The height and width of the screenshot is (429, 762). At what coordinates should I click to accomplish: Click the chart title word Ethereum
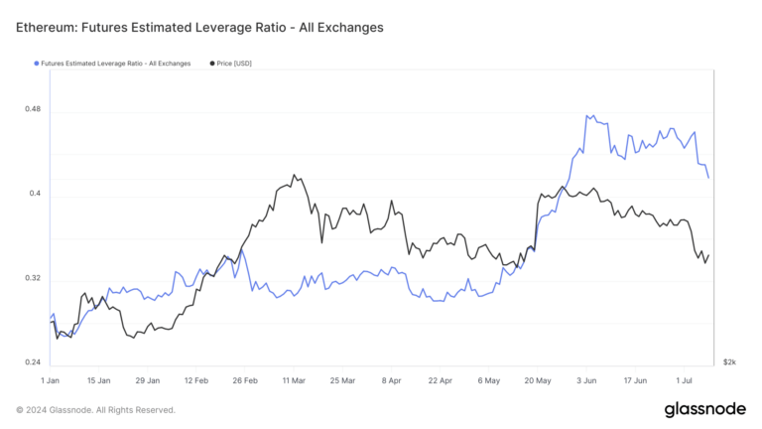pyautogui.click(x=51, y=27)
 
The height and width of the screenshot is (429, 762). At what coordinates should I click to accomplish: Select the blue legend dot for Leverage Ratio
pyautogui.click(x=37, y=64)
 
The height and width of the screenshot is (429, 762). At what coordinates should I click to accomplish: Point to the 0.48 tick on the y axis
pyautogui.click(x=33, y=109)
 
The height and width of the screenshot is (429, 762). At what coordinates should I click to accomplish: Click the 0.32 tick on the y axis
pyautogui.click(x=33, y=278)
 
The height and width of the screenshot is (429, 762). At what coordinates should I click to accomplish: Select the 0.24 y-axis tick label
pyautogui.click(x=33, y=362)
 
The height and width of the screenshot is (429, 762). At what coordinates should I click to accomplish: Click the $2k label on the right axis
pyautogui.click(x=729, y=362)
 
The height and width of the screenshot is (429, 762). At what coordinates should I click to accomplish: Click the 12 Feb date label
pyautogui.click(x=195, y=380)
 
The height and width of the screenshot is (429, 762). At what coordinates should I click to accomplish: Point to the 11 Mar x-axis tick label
pyautogui.click(x=293, y=380)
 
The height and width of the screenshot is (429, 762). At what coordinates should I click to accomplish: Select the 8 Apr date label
pyautogui.click(x=390, y=380)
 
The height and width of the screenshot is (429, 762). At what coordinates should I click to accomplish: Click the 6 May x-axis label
pyautogui.click(x=487, y=380)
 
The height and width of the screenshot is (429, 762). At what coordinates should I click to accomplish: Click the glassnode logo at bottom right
pyautogui.click(x=705, y=409)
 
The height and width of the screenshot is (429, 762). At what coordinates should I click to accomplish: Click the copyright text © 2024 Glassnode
pyautogui.click(x=95, y=409)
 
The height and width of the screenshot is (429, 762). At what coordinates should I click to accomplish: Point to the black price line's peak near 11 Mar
pyautogui.click(x=294, y=175)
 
